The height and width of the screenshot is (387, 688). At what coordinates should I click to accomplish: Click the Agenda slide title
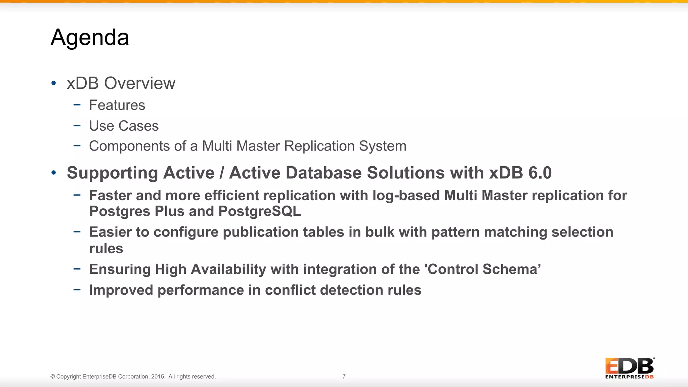tap(90, 37)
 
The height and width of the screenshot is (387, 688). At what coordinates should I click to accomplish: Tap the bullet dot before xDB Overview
tap(54, 83)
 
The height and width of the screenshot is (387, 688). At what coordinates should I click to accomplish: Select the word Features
tap(117, 105)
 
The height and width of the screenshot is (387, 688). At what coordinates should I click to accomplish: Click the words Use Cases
tap(124, 126)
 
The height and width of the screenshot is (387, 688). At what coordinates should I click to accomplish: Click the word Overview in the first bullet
tap(140, 83)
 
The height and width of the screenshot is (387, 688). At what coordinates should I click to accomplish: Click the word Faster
tap(110, 196)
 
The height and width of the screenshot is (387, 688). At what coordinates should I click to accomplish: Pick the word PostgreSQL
tap(260, 211)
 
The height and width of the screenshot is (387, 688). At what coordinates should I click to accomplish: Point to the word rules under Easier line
tap(106, 249)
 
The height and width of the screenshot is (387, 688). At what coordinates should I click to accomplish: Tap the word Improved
tap(121, 290)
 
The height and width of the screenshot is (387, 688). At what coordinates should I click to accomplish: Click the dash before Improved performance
tap(77, 289)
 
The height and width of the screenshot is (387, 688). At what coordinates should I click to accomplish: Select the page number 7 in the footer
tap(344, 377)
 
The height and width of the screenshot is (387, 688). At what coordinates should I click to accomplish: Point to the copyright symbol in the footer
tap(53, 377)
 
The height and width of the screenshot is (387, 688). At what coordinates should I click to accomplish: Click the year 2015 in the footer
tap(158, 377)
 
